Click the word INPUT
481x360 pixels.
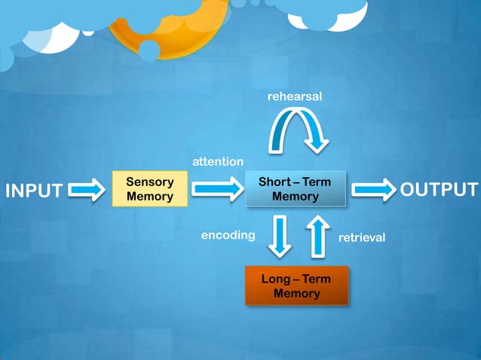34,191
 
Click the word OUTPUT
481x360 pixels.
439,189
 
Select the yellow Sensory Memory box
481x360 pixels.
150,189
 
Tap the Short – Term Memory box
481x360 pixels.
295,189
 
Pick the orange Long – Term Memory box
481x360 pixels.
296,286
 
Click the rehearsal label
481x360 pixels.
295,97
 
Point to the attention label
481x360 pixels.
218,161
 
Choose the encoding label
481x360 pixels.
228,235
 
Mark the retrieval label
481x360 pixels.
362,237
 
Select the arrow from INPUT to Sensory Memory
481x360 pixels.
87,189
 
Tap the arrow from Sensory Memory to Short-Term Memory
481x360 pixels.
217,189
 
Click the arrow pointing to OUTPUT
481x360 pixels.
373,189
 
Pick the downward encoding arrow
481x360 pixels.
280,235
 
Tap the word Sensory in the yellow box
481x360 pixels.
150,182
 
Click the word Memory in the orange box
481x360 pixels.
296,294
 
